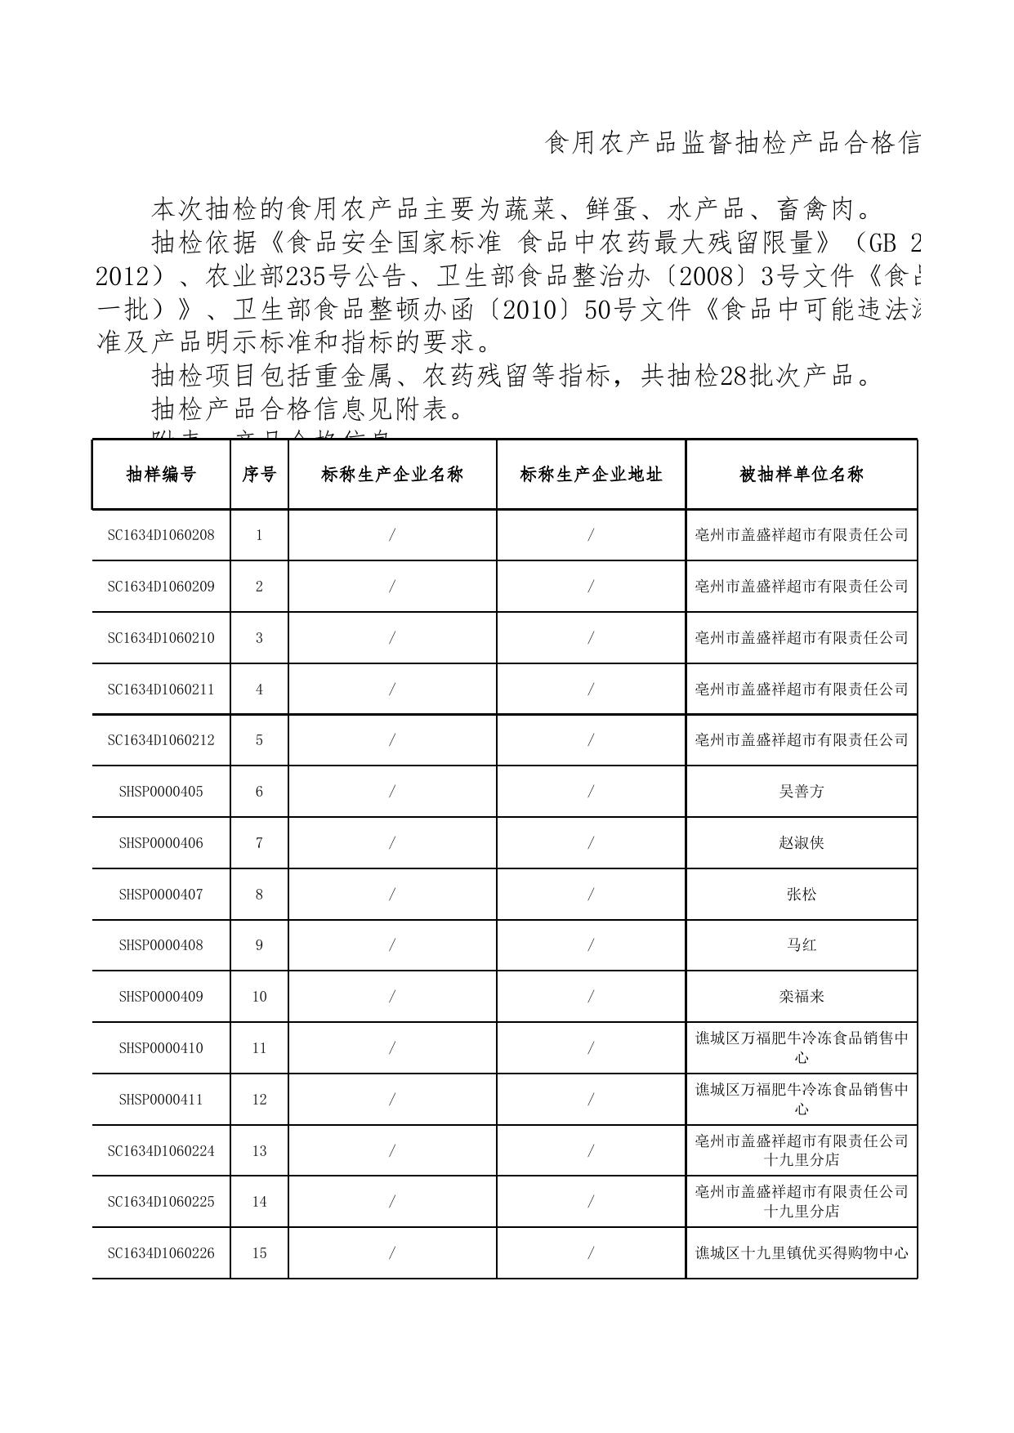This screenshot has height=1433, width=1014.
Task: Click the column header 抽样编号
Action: click(x=161, y=475)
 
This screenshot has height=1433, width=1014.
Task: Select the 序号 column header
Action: click(x=259, y=475)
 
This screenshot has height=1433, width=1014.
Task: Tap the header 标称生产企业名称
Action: click(x=392, y=475)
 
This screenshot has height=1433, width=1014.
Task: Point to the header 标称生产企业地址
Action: click(x=591, y=475)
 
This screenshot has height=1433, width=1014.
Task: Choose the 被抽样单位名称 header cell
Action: click(x=801, y=475)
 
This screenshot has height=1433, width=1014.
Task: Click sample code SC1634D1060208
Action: click(x=161, y=535)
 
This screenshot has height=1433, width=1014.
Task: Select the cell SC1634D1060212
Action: click(x=161, y=740)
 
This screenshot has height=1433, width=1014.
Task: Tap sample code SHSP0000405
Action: click(x=161, y=792)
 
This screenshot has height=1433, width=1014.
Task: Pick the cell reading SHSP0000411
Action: click(x=161, y=1100)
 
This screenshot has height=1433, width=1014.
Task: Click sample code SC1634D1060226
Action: click(x=161, y=1253)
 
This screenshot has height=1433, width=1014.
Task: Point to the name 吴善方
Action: click(x=801, y=792)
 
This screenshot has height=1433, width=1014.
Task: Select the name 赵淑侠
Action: click(x=801, y=843)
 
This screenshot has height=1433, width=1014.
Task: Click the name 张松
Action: click(x=801, y=895)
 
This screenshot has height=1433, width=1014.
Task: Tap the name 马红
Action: click(x=801, y=945)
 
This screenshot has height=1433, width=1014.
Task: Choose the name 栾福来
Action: click(x=801, y=997)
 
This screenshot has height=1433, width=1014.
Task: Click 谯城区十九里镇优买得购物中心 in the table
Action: click(x=801, y=1253)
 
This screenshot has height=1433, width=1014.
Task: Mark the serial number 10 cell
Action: click(x=259, y=997)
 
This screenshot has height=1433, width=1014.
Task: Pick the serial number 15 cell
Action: click(x=259, y=1253)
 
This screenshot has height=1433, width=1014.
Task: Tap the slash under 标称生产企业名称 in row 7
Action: click(x=392, y=843)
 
